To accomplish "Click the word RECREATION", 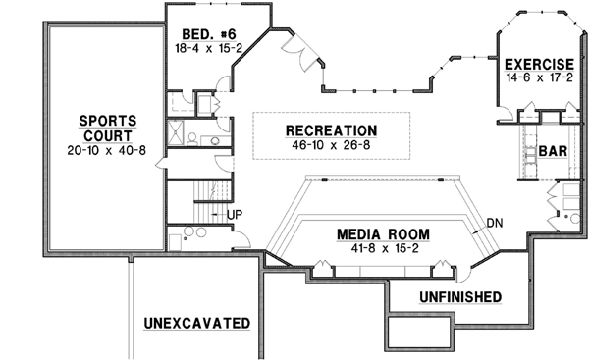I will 331,130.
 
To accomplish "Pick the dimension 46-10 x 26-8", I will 331,145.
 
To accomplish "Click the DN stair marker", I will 495,223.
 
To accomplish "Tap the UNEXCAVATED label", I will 195,323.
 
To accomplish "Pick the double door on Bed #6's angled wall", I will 299,49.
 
